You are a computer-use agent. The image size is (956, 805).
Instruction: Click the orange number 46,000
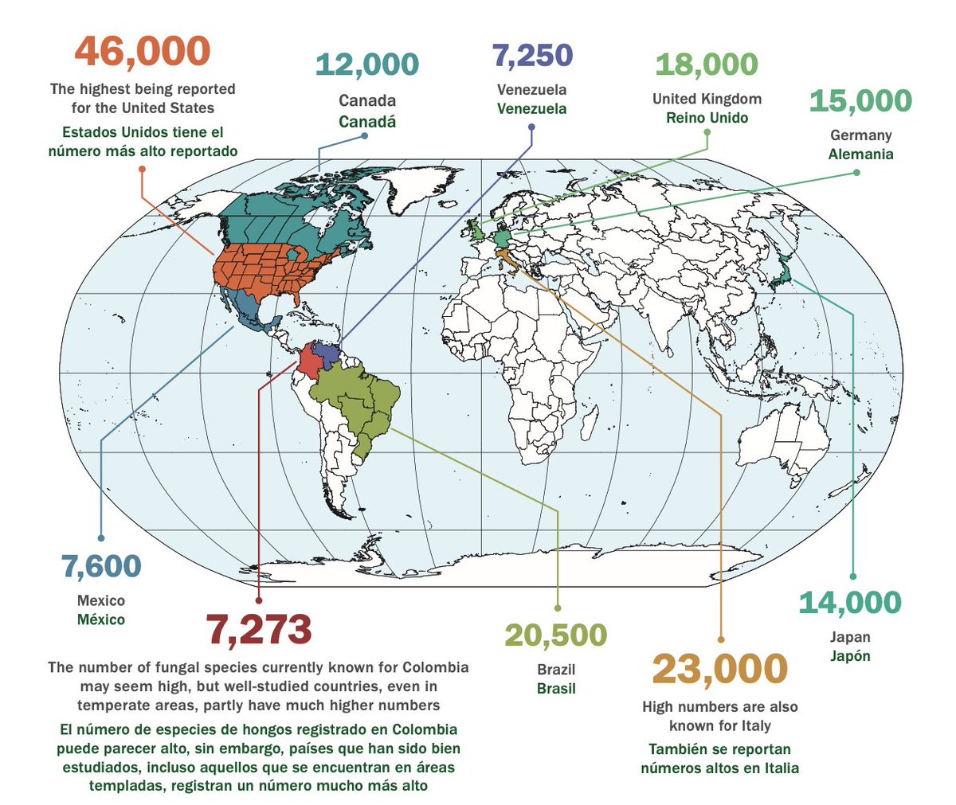(x=143, y=52)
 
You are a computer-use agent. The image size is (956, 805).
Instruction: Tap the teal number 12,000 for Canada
(x=367, y=65)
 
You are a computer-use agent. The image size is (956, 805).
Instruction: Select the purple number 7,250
(x=531, y=56)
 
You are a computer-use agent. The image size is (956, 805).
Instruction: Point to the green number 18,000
(x=707, y=65)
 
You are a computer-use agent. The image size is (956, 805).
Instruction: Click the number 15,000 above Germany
(x=860, y=101)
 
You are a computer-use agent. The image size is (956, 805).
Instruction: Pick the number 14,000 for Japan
(x=849, y=603)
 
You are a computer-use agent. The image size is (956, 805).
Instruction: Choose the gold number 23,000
(x=719, y=670)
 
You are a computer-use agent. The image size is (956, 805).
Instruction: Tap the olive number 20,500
(x=556, y=635)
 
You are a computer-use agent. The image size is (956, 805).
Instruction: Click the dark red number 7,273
(x=259, y=630)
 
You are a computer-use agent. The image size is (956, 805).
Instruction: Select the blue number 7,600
(x=101, y=567)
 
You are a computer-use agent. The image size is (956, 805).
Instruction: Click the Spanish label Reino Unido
(x=707, y=118)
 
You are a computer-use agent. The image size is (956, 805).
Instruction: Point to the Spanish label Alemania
(x=860, y=154)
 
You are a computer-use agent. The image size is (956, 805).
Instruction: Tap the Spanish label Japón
(x=849, y=656)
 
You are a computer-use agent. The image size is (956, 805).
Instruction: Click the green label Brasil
(x=556, y=689)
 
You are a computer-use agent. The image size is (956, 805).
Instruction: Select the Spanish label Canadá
(x=367, y=122)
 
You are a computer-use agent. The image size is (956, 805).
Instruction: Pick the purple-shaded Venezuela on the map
(x=327, y=352)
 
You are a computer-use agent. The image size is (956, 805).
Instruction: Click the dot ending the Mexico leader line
(x=101, y=538)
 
